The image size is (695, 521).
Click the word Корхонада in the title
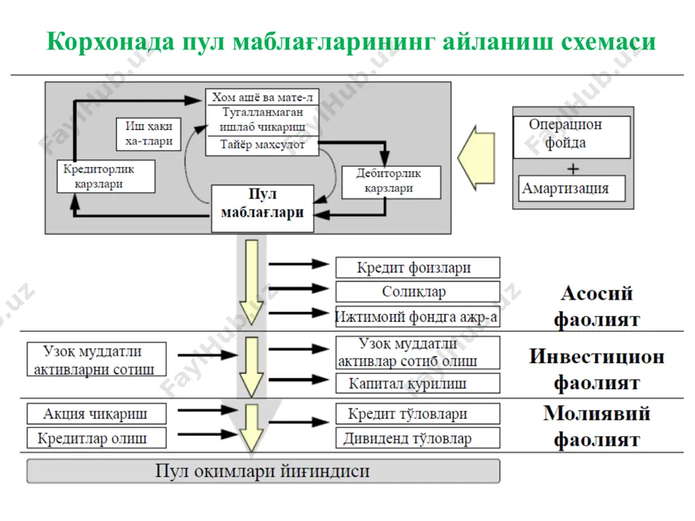pyautogui.click(x=111, y=42)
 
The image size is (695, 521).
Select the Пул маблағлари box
pyautogui.click(x=263, y=208)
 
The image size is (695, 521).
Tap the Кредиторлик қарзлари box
pyautogui.click(x=106, y=176)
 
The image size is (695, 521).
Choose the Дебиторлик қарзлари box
pyautogui.click(x=391, y=182)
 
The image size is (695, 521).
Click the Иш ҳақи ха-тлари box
pyautogui.click(x=149, y=134)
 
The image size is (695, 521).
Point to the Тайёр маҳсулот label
pyautogui.click(x=263, y=145)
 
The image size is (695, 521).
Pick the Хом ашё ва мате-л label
pyautogui.click(x=263, y=97)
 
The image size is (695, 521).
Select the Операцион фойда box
pyautogui.click(x=572, y=137)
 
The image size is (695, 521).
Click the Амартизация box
pyautogui.click(x=572, y=188)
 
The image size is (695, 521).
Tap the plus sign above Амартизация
pyautogui.click(x=573, y=169)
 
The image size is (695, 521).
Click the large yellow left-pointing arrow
pyautogui.click(x=476, y=158)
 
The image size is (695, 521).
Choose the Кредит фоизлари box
pyautogui.click(x=418, y=267)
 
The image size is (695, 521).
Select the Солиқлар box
pyautogui.click(x=418, y=292)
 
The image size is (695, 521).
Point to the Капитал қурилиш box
pyautogui.click(x=418, y=383)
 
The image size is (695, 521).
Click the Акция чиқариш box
pyautogui.click(x=97, y=414)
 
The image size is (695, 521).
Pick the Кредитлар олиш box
pyautogui.click(x=97, y=438)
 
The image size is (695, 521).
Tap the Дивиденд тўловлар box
pyautogui.click(x=418, y=438)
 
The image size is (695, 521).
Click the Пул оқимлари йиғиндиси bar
pyautogui.click(x=263, y=471)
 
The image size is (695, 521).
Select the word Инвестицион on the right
pyautogui.click(x=596, y=356)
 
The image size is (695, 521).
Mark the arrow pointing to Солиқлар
pyautogui.click(x=299, y=289)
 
